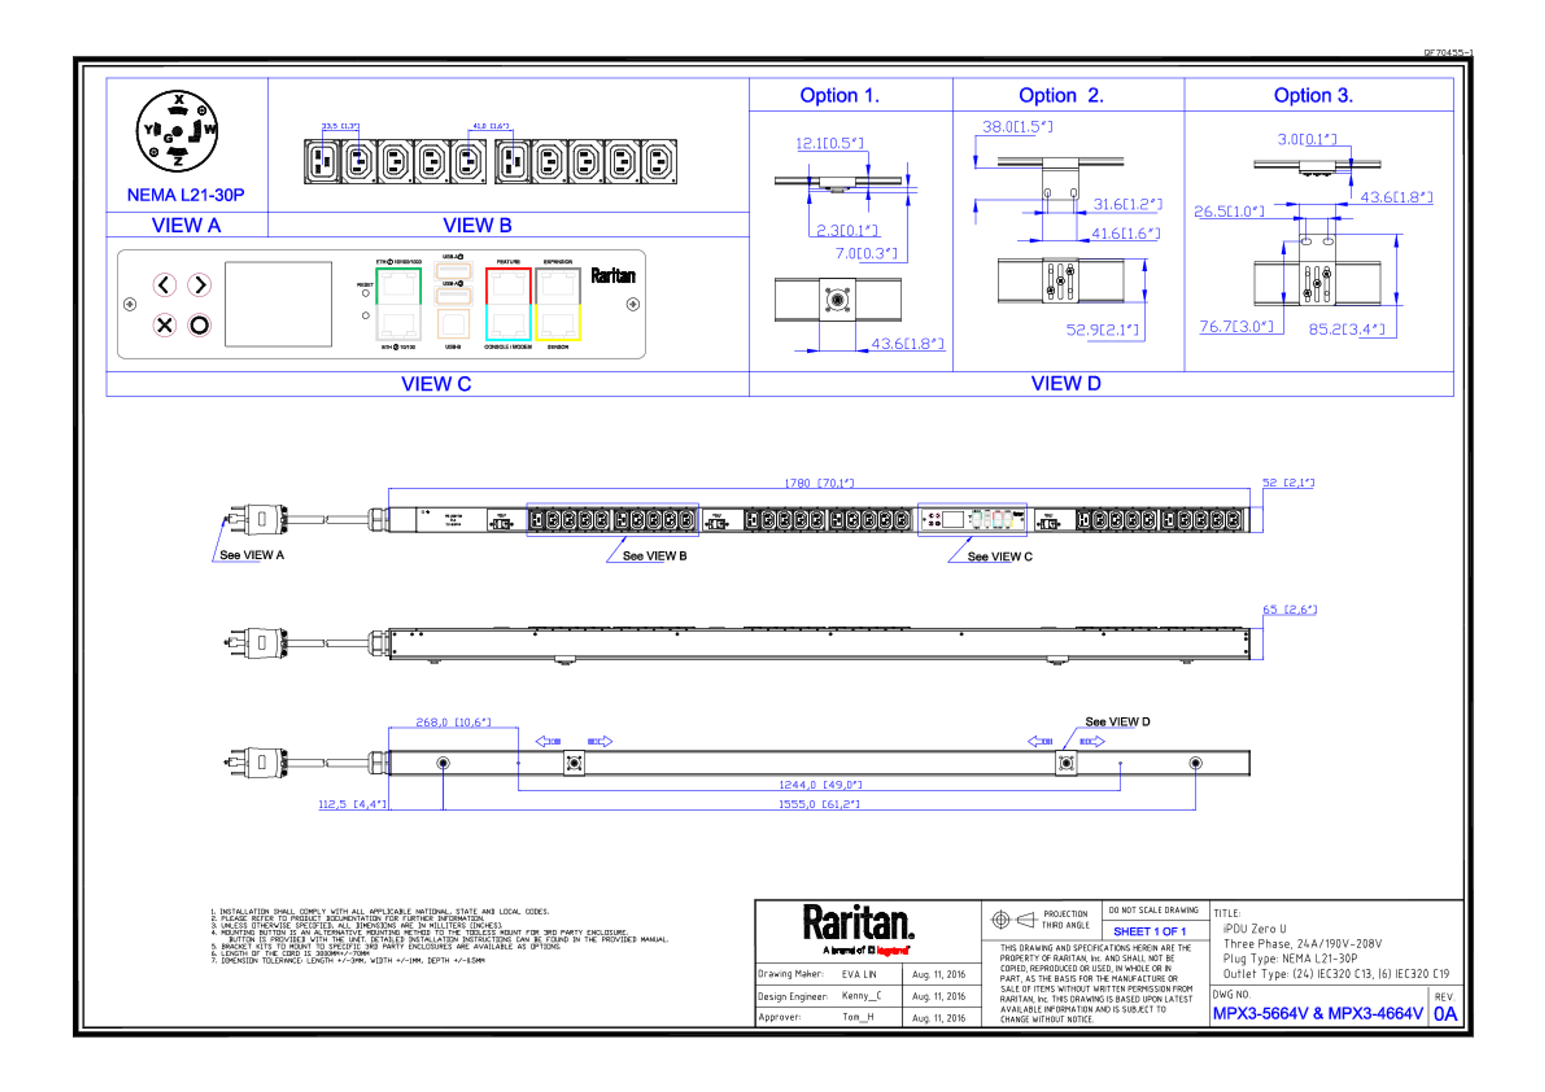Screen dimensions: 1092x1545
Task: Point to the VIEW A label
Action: [x=186, y=225]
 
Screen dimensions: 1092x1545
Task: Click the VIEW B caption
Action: [x=477, y=225]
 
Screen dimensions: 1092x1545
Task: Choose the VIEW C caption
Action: [x=436, y=384]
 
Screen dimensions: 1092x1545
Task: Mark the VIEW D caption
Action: [x=1067, y=384]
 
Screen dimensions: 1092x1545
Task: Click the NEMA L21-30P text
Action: [x=186, y=194]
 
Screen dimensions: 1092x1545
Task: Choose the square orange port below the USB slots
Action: [x=453, y=324]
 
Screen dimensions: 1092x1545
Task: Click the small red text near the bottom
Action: [x=892, y=950]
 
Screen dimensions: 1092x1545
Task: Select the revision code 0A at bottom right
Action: [x=1445, y=1013]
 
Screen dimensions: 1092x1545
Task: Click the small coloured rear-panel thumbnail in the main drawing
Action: [x=972, y=519]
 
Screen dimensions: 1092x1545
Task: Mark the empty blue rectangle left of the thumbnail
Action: [x=612, y=519]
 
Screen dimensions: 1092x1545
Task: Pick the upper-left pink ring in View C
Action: [x=163, y=285]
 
